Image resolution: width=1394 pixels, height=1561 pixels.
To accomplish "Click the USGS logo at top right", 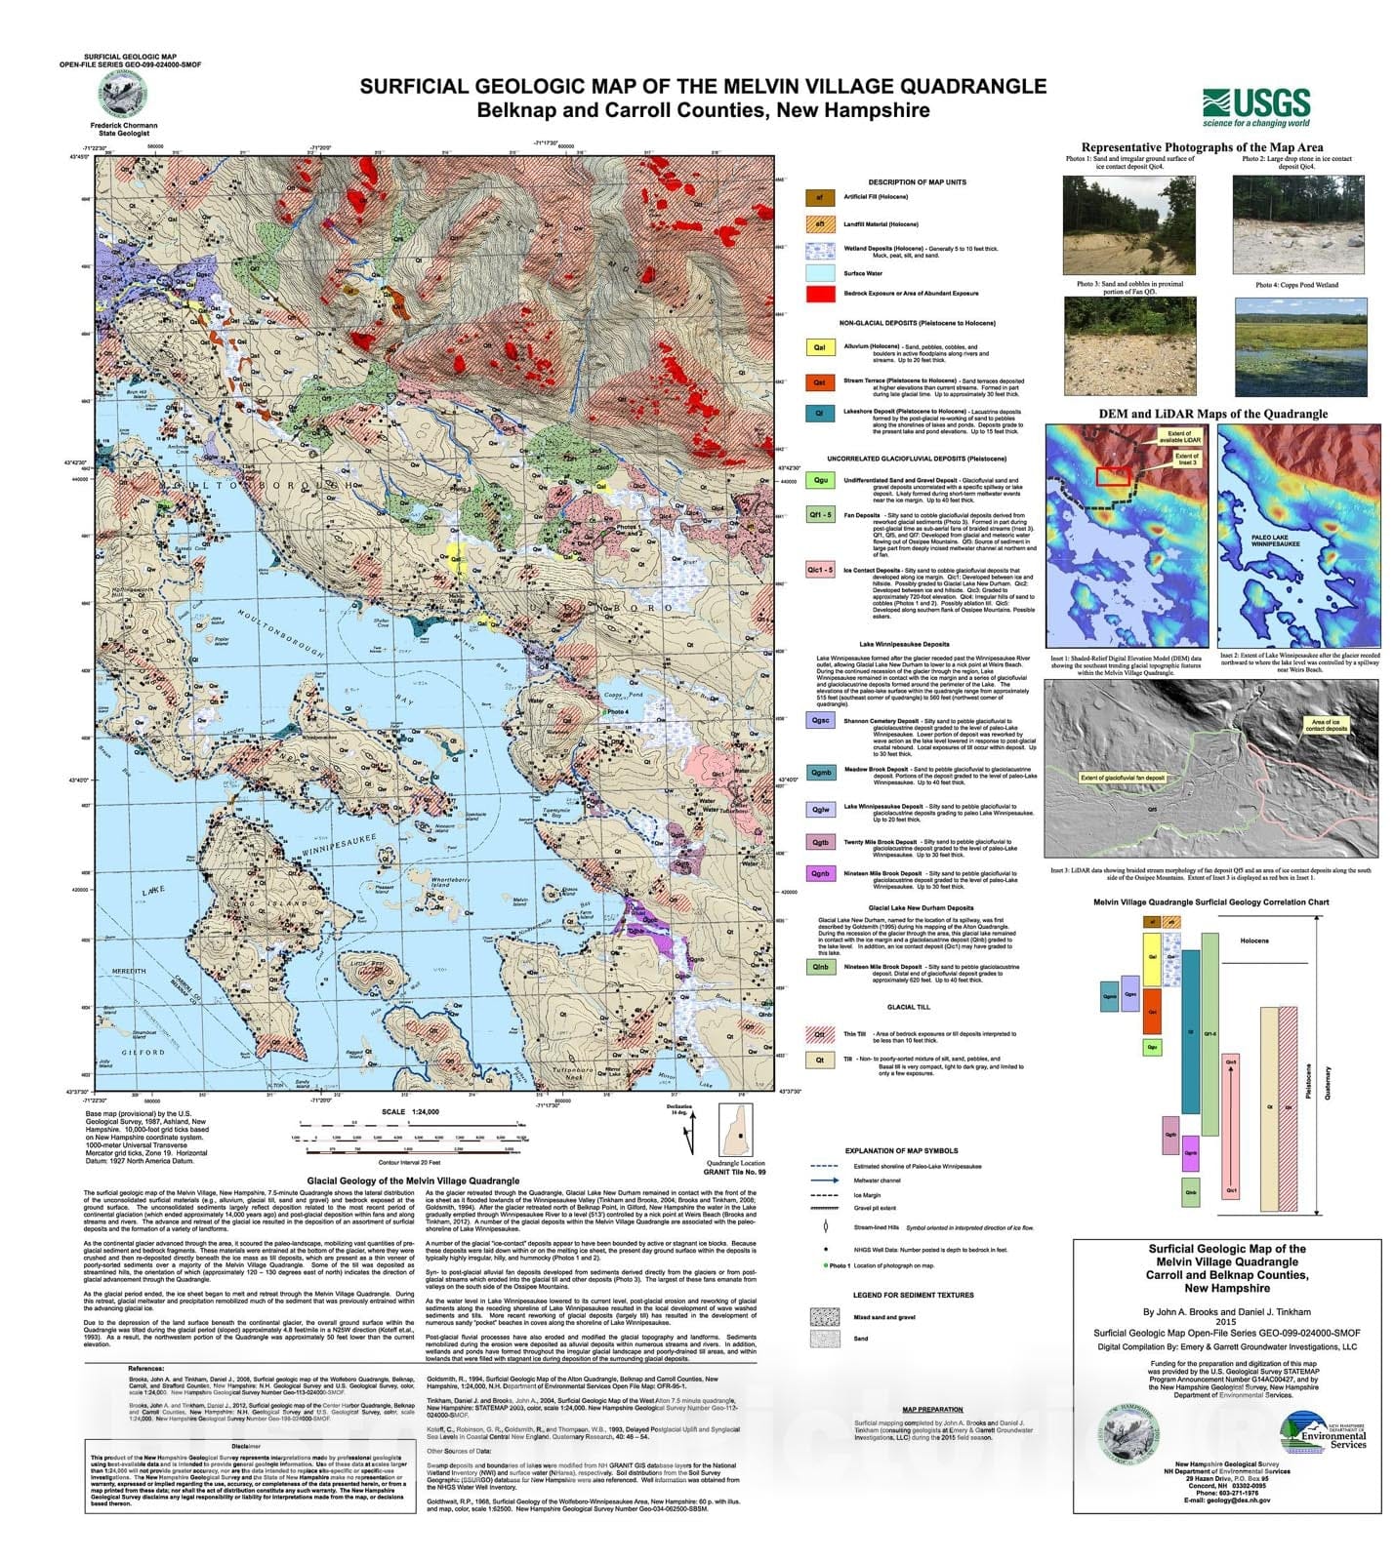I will point(1256,106).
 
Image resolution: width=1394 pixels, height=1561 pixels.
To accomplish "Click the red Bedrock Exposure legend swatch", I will point(820,293).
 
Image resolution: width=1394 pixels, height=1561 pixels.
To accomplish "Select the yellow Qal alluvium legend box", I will point(820,347).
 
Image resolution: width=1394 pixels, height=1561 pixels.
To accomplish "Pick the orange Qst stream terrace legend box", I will point(820,382).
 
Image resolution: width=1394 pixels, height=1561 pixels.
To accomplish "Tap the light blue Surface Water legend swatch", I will point(820,273).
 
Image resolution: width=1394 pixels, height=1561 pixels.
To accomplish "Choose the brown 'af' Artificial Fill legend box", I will point(820,197).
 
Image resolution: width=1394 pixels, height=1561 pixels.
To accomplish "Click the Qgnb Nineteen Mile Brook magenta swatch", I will point(820,874).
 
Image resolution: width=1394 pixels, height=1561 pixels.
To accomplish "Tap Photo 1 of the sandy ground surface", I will point(1115,224).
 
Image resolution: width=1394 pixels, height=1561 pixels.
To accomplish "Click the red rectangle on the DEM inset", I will point(1113,476).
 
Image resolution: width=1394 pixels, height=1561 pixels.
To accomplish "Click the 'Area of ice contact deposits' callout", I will point(1327,725).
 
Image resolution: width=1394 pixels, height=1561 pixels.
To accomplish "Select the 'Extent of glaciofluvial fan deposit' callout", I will point(1123,778).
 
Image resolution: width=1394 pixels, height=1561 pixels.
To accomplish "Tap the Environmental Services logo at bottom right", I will point(1322,1431).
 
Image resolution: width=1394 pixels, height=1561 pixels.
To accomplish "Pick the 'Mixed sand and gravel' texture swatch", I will point(824,1317).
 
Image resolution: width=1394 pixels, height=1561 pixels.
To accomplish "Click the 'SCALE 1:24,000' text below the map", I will point(410,1111).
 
